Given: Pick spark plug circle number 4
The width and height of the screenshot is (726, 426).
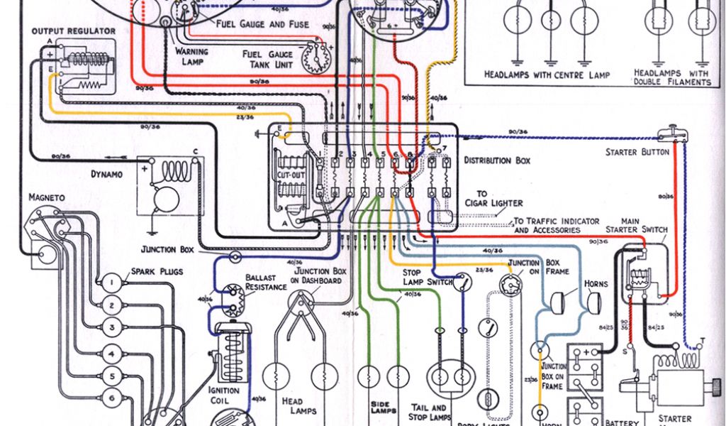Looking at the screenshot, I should pyautogui.click(x=111, y=352).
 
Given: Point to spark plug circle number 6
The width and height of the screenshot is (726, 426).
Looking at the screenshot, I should pyautogui.click(x=111, y=396).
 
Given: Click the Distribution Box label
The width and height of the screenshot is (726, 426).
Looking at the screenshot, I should pyautogui.click(x=497, y=160).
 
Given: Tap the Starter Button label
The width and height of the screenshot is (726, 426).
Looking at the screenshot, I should pyautogui.click(x=637, y=152).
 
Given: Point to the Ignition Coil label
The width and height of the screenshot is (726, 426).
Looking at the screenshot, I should pyautogui.click(x=223, y=395).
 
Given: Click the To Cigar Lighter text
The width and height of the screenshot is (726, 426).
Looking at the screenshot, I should pyautogui.click(x=498, y=198).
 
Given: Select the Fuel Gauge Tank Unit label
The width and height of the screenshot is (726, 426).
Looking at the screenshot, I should pyautogui.click(x=265, y=59).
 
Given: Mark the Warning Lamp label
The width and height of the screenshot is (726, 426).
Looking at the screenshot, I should pyautogui.click(x=191, y=56).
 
